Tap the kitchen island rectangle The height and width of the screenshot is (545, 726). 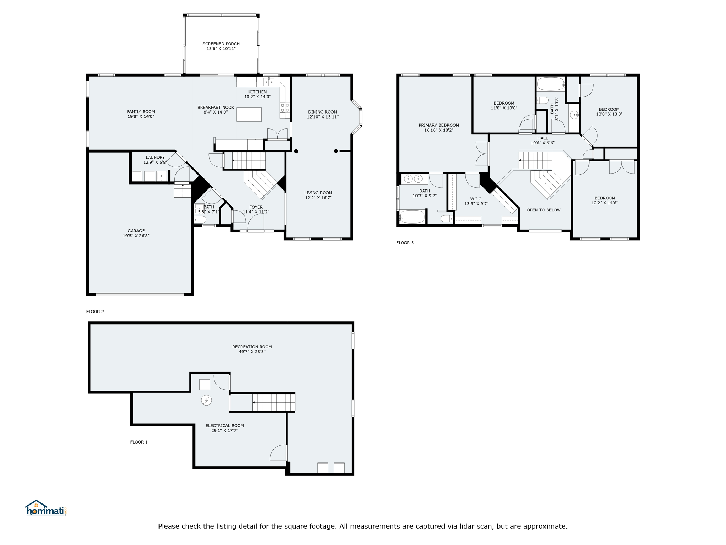(249, 114)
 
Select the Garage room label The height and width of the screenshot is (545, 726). (136, 231)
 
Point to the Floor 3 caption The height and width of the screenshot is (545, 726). (405, 243)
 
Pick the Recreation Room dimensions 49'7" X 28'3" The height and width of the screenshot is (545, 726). (252, 352)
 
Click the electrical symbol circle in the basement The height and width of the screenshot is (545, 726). (206, 400)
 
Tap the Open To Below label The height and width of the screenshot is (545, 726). (543, 210)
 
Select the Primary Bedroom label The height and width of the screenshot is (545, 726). (439, 125)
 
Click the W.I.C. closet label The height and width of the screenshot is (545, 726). (476, 199)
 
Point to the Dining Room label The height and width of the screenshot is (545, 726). (323, 112)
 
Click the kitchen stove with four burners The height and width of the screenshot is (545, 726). (285, 108)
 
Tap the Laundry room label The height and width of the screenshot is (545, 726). (155, 158)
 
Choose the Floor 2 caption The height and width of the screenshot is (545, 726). (95, 312)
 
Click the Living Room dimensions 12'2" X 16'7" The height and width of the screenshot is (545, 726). (318, 198)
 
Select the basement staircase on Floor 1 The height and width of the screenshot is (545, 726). (274, 402)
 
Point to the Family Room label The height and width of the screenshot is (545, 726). (141, 112)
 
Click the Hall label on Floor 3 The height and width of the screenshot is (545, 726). (542, 138)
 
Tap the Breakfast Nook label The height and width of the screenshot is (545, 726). (216, 108)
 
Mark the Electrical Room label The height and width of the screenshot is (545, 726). (224, 426)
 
